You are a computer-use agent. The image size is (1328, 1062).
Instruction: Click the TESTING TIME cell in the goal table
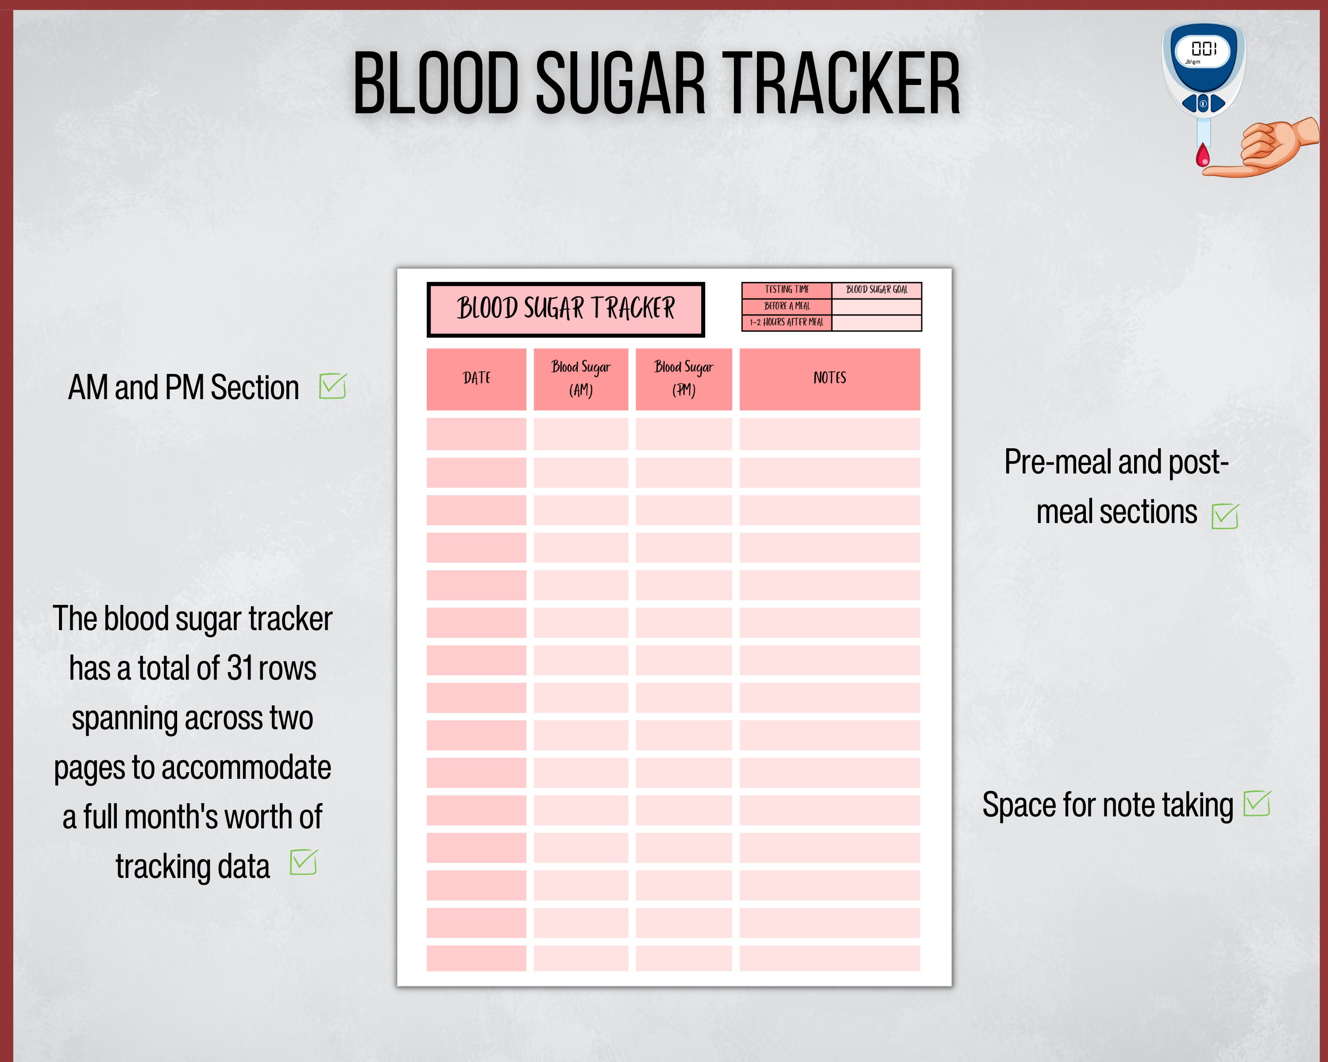tap(787, 290)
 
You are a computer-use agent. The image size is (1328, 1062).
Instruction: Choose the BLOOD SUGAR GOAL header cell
tap(876, 290)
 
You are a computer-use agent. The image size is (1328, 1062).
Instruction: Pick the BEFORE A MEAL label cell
tap(787, 306)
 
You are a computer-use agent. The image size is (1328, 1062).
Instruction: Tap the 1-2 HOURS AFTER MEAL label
tap(787, 323)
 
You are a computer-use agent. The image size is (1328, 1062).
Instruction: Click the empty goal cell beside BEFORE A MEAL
tap(876, 306)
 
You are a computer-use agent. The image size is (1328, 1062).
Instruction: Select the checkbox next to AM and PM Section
tap(332, 387)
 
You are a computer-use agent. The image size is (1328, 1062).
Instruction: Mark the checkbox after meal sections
tap(1224, 516)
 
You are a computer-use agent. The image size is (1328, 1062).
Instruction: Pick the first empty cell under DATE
tap(476, 434)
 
